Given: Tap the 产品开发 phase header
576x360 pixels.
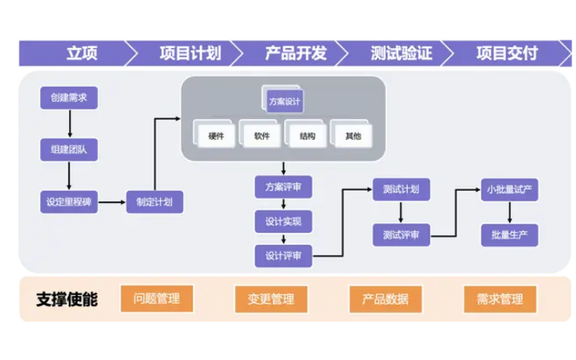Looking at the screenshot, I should click(x=295, y=53).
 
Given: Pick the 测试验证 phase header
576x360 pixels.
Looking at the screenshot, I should click(x=401, y=53).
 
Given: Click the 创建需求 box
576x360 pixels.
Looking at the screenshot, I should click(x=69, y=98).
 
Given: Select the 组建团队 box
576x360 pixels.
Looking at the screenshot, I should click(x=69, y=150).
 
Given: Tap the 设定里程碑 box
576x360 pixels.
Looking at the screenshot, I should click(x=69, y=202).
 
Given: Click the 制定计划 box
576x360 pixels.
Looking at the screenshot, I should click(x=154, y=202).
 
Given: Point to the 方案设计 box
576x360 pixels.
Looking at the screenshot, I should click(x=286, y=102).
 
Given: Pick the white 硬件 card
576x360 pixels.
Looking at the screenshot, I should click(x=216, y=136).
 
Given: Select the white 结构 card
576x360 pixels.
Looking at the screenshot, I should click(x=307, y=136).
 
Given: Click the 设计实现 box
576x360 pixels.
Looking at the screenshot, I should click(x=283, y=222).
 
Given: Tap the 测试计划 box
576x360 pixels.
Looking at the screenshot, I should click(x=401, y=190).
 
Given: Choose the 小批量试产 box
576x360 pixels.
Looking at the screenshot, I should click(x=510, y=190).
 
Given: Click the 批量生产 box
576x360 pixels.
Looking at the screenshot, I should click(x=510, y=234).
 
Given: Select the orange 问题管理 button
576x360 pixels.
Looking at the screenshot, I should click(x=157, y=299).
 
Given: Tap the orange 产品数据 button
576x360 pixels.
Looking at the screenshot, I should click(x=386, y=299).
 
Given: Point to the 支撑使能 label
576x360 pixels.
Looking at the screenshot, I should click(x=67, y=299).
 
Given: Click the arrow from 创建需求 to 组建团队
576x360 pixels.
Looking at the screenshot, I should click(x=70, y=124).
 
